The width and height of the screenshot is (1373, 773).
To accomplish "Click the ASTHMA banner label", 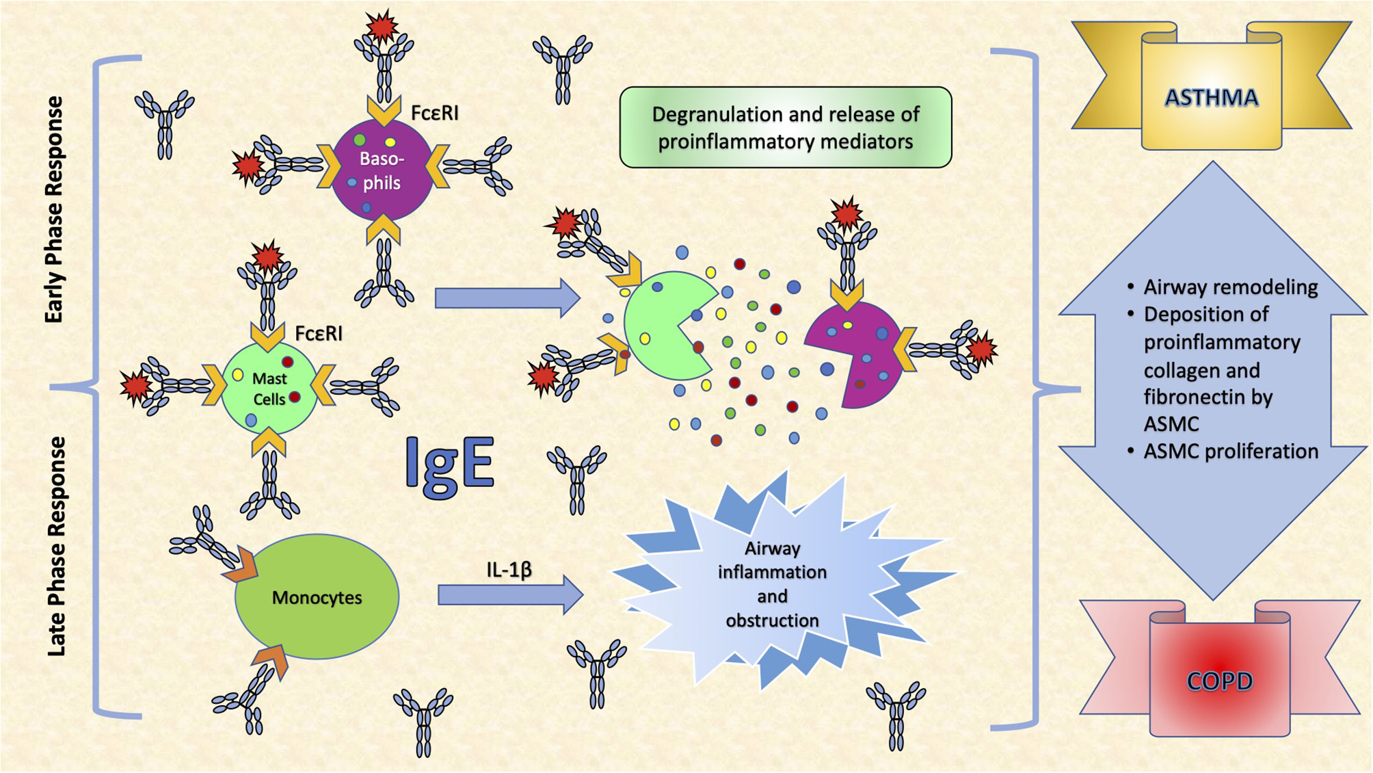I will tap(1211, 98).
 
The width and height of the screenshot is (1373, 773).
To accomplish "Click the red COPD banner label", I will tap(1220, 681).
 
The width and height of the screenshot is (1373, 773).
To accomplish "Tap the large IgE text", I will tap(449, 464).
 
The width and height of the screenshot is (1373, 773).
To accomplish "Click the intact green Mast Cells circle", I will tap(269, 389).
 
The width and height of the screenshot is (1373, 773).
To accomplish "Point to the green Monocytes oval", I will tap(317, 597).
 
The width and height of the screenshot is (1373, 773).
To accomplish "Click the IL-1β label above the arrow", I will tap(509, 569).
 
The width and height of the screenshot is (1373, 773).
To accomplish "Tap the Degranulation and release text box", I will tap(785, 127).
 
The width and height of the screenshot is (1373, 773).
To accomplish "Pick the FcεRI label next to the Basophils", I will tap(435, 113).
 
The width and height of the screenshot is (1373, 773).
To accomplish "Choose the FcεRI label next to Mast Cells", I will tap(319, 333).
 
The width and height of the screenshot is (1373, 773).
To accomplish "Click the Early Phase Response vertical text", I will tap(54, 209).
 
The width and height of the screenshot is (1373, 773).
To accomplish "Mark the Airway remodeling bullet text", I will tap(1230, 287).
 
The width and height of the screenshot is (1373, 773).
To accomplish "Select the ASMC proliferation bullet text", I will tap(1230, 451).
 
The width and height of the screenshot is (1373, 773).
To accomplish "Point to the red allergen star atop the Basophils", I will tap(382, 26).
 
